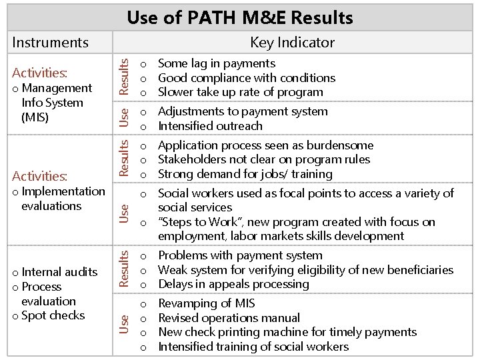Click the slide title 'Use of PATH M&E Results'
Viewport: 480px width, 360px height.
[x=240, y=17]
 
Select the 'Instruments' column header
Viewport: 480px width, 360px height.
[x=50, y=43]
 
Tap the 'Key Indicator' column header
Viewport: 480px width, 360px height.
[x=292, y=43]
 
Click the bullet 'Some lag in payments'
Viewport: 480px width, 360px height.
[x=216, y=63]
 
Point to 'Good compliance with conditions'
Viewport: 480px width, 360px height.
[x=246, y=78]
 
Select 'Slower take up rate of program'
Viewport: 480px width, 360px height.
[x=240, y=92]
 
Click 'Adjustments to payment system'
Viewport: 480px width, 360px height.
[x=243, y=111]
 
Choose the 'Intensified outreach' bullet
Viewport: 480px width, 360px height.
[x=210, y=126]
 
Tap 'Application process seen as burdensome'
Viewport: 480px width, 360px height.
[x=265, y=145]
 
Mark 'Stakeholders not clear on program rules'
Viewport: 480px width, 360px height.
[x=264, y=159]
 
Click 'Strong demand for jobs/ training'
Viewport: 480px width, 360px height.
[x=245, y=174]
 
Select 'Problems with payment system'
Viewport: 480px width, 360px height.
[x=240, y=255]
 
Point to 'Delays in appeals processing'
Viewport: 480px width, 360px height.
[x=233, y=284]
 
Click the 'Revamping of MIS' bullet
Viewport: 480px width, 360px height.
[x=206, y=303]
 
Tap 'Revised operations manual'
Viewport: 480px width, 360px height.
[x=229, y=318]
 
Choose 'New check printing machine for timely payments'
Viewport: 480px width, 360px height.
[x=287, y=332]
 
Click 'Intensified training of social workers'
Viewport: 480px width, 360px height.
[x=253, y=347]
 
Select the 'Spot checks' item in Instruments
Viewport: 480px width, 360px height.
[x=53, y=315]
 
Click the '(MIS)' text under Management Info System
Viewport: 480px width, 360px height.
[x=35, y=117]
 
